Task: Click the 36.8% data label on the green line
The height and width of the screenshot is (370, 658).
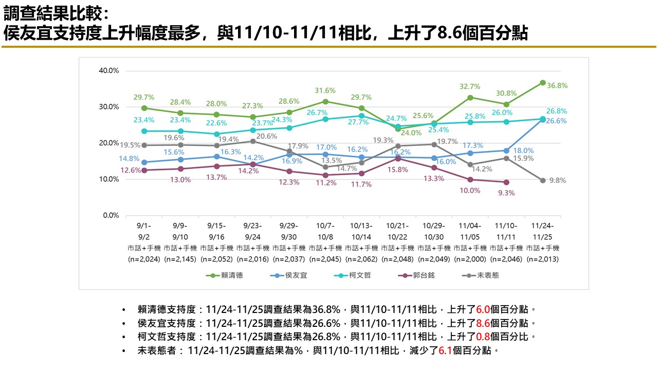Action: (558, 86)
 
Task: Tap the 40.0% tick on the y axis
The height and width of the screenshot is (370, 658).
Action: (109, 70)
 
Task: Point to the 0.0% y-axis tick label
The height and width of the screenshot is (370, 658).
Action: (111, 215)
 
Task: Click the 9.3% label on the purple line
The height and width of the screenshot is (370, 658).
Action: (506, 193)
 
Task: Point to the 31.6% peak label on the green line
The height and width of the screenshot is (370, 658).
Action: (325, 90)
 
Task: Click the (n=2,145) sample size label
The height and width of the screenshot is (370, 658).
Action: (180, 260)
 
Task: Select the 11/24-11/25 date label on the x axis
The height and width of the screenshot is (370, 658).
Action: (542, 230)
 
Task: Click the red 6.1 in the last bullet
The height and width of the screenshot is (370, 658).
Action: (445, 351)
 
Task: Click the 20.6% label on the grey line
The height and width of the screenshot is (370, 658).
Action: (267, 136)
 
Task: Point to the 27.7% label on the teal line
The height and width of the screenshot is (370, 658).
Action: (359, 122)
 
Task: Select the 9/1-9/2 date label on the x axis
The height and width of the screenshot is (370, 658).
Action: (144, 230)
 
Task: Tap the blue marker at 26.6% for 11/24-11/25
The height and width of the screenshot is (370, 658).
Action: (543, 120)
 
